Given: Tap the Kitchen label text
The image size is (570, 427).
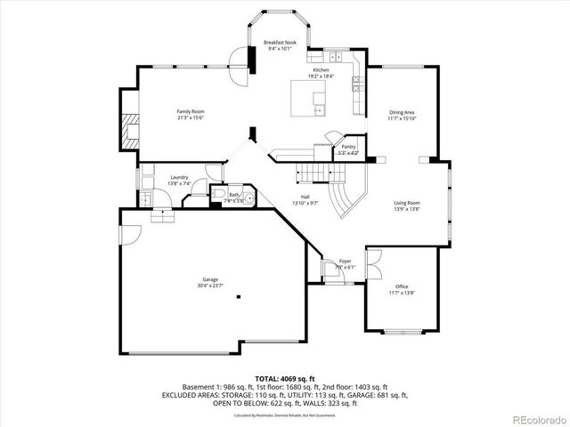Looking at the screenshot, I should tap(321, 70).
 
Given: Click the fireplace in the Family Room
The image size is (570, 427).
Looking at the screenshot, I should tap(130, 130).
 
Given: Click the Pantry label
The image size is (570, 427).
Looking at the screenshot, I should tap(348, 147).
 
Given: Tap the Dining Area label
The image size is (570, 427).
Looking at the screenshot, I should tap(402, 112).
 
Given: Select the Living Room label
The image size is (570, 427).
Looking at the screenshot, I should tap(407, 203).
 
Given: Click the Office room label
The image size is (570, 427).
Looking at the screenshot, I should tap(403, 286).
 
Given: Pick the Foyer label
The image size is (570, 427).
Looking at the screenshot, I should tap(345, 261).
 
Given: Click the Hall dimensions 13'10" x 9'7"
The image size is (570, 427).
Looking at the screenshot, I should tap(305, 203).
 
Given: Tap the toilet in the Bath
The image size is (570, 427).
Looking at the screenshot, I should tap(218, 195).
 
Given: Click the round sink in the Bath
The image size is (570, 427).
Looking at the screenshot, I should tap(248, 197).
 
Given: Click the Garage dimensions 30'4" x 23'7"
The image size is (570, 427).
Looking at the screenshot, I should tap(210, 286).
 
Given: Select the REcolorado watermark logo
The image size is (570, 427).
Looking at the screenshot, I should tap(537, 418).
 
